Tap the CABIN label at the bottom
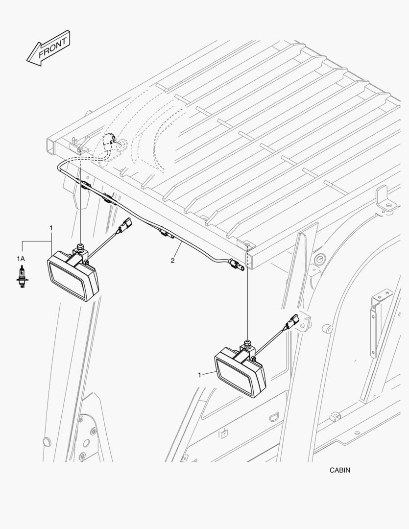click(340, 470)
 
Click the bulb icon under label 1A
click(22, 277)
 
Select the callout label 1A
click(21, 259)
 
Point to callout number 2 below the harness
click(172, 261)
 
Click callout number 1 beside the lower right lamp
click(199, 375)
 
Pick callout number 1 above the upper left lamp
click(51, 228)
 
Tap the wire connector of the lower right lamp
click(292, 322)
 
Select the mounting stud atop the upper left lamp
click(80, 247)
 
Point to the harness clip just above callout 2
click(166, 233)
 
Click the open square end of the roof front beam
click(51, 146)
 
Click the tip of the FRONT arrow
click(27, 61)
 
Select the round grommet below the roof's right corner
click(319, 259)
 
